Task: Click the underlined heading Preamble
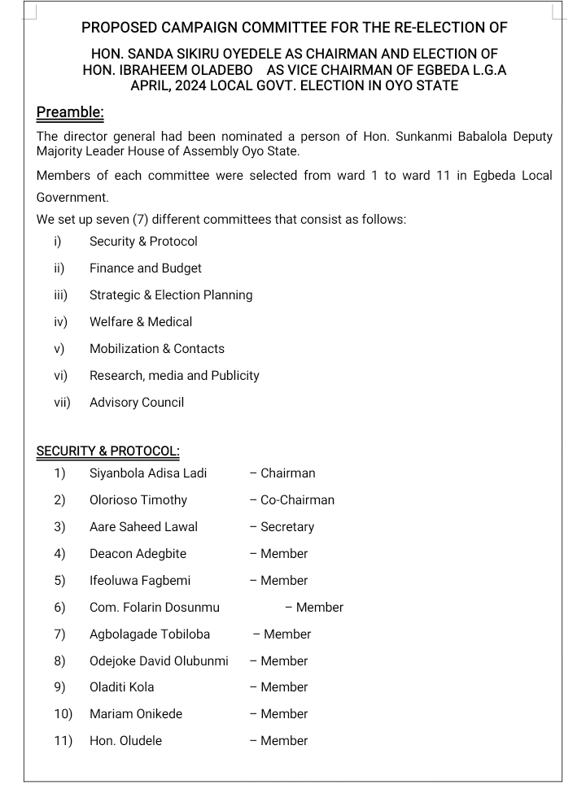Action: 70,111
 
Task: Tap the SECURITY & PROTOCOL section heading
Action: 108,451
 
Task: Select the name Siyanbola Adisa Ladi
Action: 148,473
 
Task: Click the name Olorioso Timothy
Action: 138,500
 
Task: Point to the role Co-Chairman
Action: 297,500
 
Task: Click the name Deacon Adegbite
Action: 138,554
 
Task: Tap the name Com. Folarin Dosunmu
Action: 155,608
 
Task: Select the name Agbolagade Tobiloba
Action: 150,634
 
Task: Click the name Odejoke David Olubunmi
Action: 159,661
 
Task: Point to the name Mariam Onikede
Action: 136,714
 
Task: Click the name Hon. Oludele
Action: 125,741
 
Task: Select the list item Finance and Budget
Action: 146,268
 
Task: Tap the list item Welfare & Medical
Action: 141,322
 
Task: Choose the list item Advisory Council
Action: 137,403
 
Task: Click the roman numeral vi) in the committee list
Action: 60,376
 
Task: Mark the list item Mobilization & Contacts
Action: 157,349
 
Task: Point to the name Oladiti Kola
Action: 122,687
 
